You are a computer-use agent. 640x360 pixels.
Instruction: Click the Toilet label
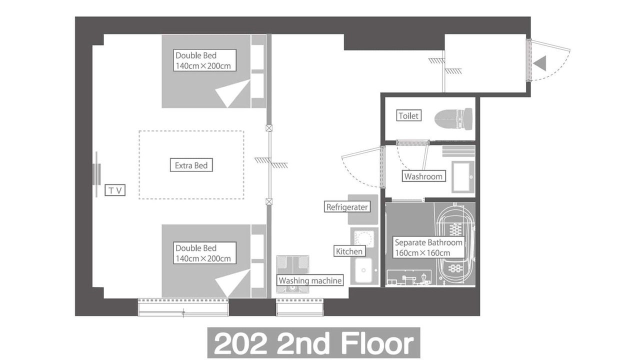[408, 115]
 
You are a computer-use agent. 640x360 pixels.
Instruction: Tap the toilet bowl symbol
[453, 119]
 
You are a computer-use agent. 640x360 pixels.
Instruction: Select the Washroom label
[423, 176]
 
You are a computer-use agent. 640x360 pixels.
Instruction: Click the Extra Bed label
[191, 165]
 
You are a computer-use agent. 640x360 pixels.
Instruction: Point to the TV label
[115, 190]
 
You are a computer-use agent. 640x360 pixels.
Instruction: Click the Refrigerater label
[347, 207]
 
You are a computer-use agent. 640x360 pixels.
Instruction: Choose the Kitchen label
[349, 251]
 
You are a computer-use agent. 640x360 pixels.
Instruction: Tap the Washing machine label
[310, 280]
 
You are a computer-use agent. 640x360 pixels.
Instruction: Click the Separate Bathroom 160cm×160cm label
[428, 247]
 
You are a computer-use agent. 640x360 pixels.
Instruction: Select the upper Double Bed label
[204, 60]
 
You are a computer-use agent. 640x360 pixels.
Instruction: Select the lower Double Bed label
[204, 253]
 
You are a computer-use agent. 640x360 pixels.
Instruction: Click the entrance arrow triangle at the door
[539, 63]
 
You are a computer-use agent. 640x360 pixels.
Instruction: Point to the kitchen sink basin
[363, 270]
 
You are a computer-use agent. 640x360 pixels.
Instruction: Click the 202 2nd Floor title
[313, 343]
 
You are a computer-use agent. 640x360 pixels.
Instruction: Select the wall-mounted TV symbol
[96, 174]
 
